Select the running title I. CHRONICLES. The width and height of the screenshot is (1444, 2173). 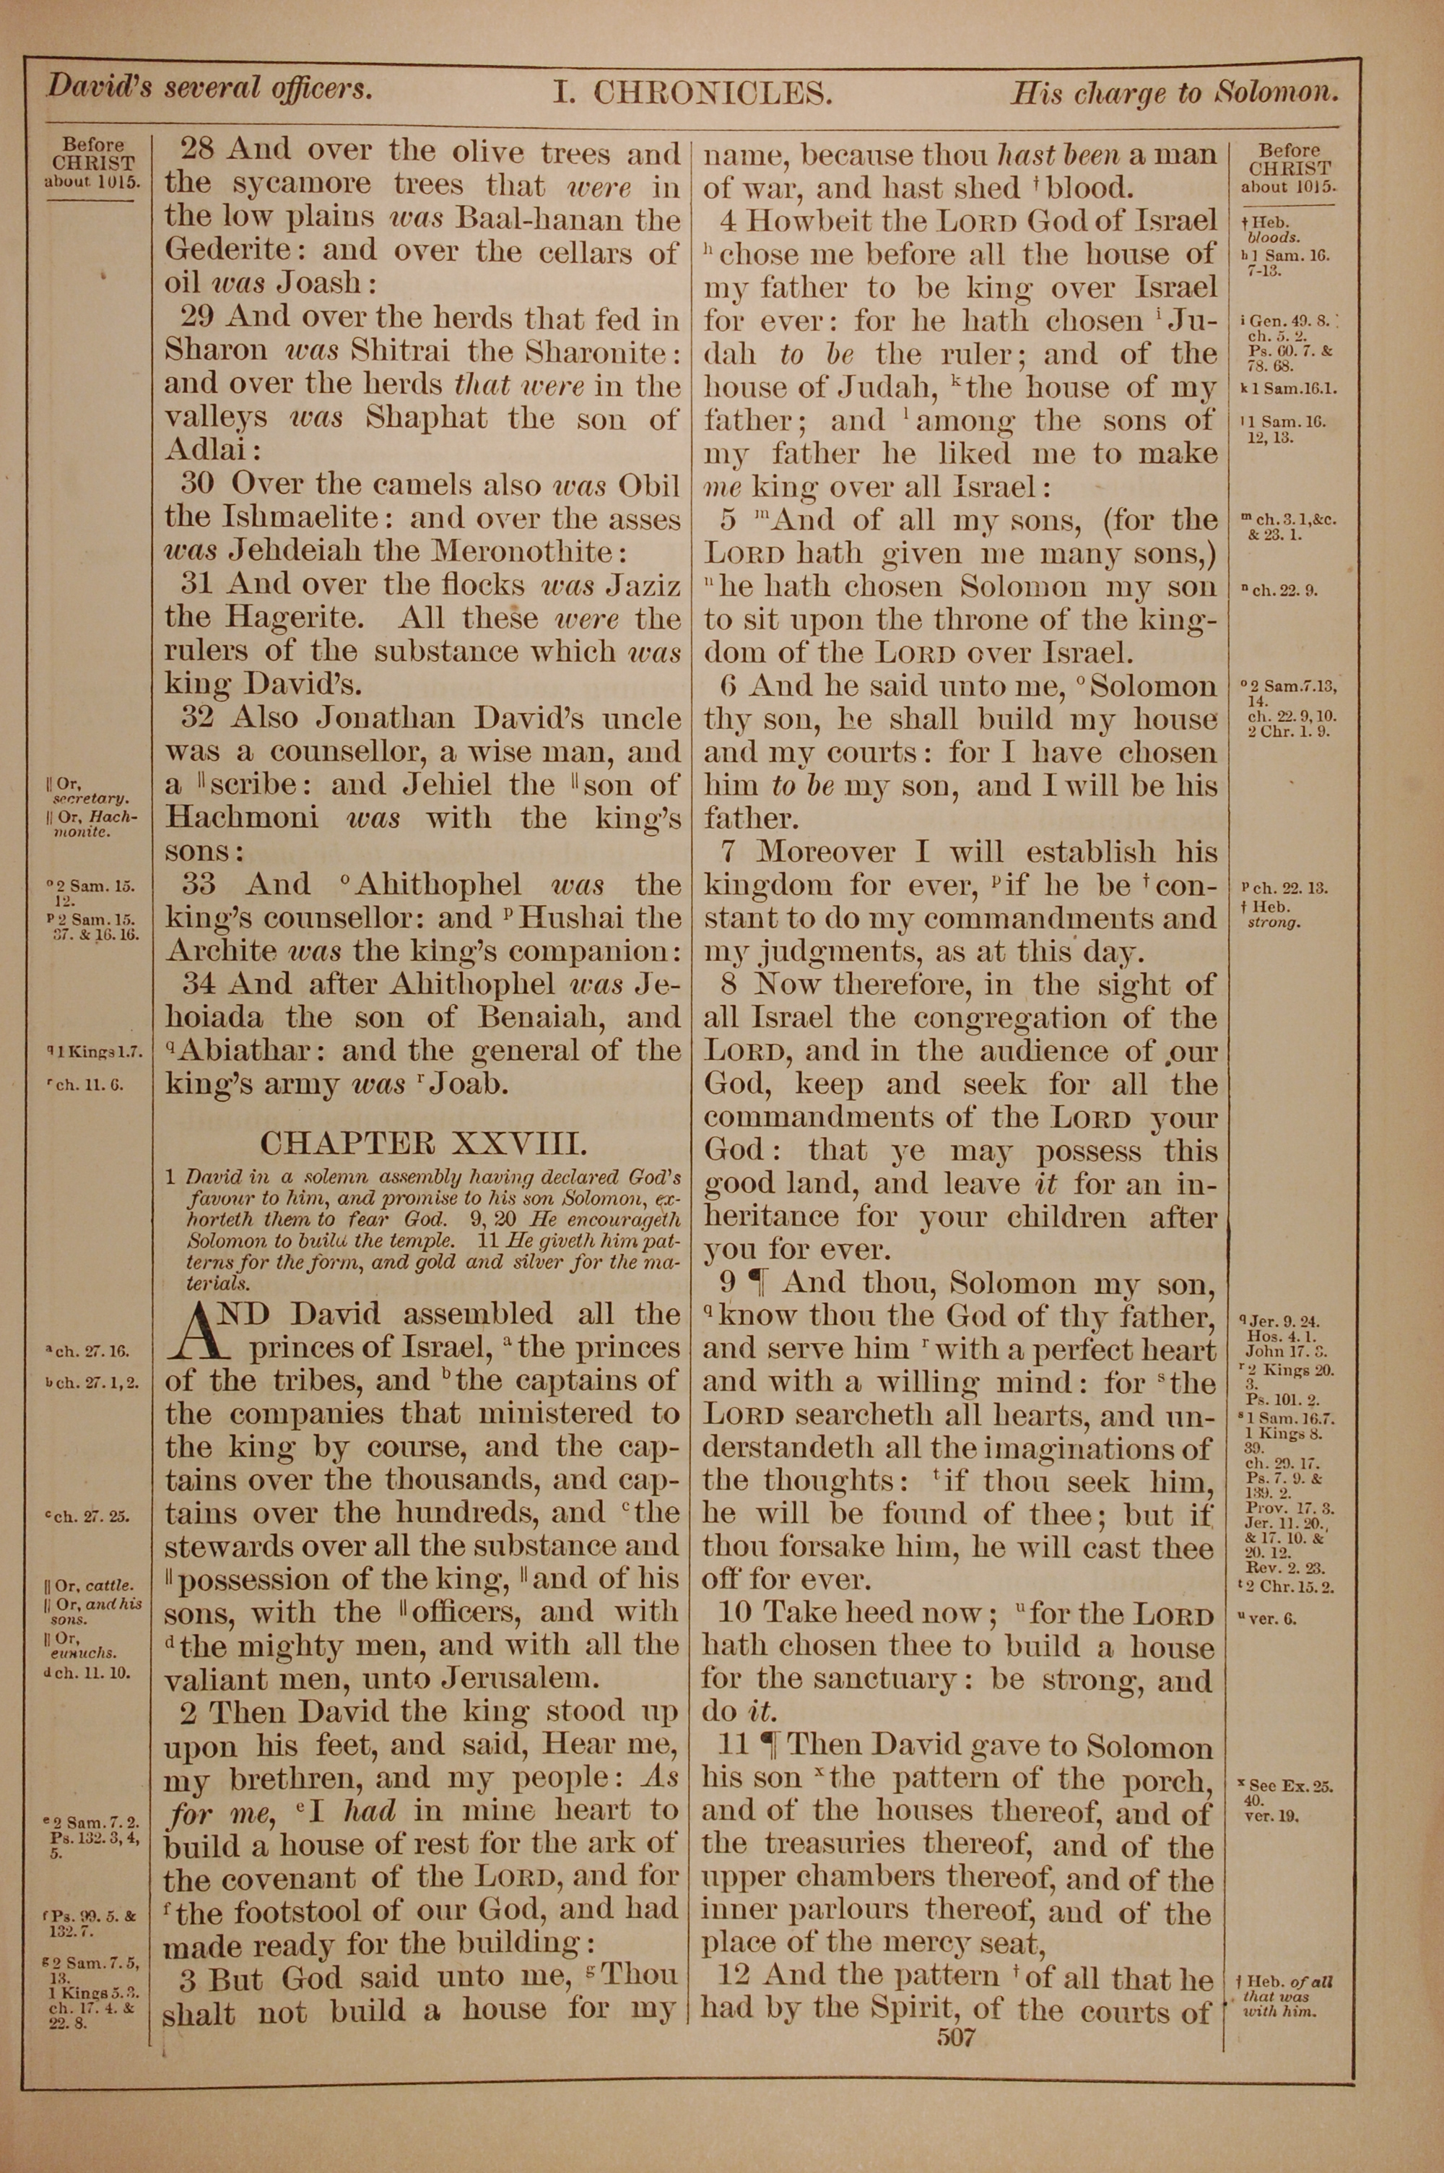692,94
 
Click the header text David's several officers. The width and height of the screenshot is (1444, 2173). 210,88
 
